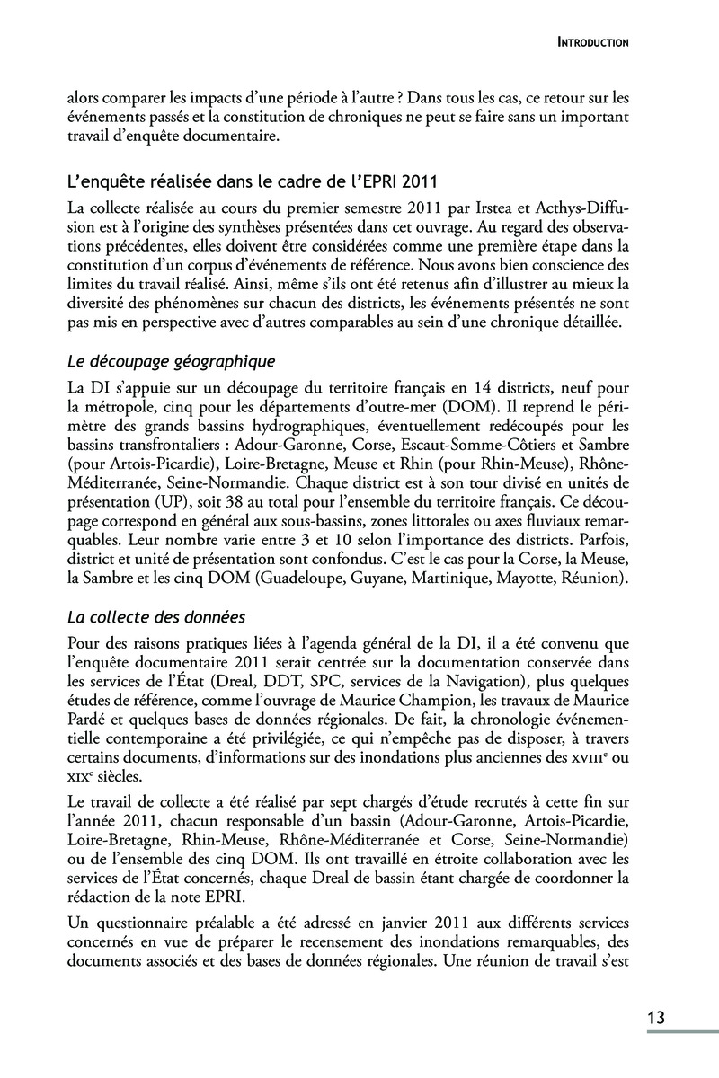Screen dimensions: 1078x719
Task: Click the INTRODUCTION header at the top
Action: [x=592, y=41]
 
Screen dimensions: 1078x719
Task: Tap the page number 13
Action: [x=655, y=1018]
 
